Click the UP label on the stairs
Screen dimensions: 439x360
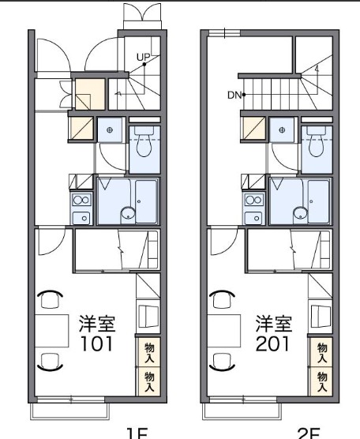[x=143, y=56]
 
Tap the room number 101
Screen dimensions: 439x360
[x=96, y=344]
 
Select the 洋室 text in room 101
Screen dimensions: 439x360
[x=96, y=325]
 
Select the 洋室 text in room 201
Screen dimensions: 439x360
[x=272, y=325]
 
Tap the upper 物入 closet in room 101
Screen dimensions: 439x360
[x=148, y=352]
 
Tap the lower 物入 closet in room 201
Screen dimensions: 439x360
[x=321, y=382]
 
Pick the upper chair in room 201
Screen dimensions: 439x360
[x=223, y=298]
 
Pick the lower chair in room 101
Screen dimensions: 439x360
[x=51, y=362]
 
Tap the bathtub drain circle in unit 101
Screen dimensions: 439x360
[x=126, y=212]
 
